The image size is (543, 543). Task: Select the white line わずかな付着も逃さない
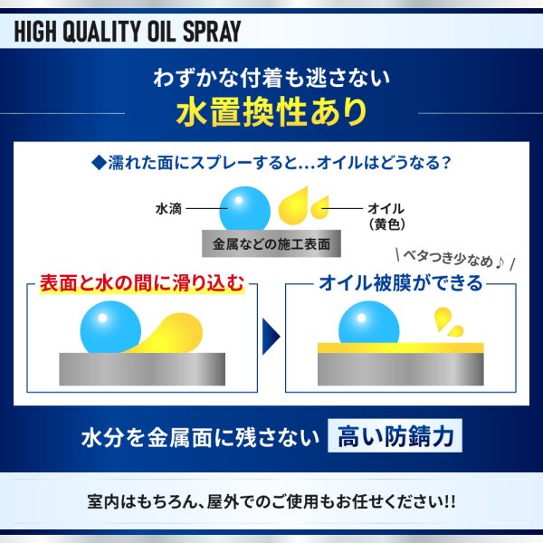271,77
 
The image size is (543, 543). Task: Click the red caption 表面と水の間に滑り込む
142,284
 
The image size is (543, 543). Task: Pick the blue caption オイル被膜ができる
400,284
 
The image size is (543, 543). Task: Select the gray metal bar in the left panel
142,368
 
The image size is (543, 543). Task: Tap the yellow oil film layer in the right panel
400,348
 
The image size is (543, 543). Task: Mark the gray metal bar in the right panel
400,369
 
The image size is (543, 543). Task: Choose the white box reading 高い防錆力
395,439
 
